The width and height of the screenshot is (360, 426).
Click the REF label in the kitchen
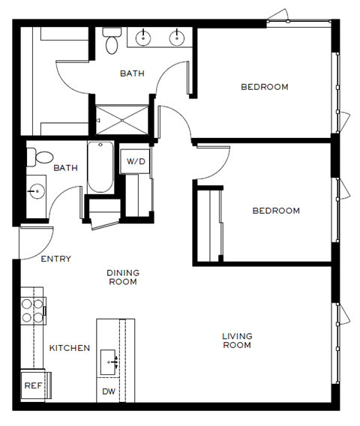[32, 385]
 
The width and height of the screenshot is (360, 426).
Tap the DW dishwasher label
[109, 391]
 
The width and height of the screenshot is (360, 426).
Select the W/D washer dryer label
[135, 161]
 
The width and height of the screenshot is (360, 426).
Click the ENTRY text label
[55, 259]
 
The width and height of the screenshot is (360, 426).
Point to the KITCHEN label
[70, 348]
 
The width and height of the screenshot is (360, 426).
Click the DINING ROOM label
[123, 277]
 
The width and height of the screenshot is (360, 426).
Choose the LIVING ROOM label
[236, 340]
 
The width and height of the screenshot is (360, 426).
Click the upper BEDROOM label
[264, 87]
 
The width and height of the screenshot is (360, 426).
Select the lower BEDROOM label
[275, 211]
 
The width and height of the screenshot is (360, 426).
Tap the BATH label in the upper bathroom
[132, 73]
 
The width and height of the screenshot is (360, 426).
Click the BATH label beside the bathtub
[65, 168]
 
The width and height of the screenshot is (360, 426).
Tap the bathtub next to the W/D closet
[99, 167]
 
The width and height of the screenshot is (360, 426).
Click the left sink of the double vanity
[143, 35]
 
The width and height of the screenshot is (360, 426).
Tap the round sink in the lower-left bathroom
[35, 192]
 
